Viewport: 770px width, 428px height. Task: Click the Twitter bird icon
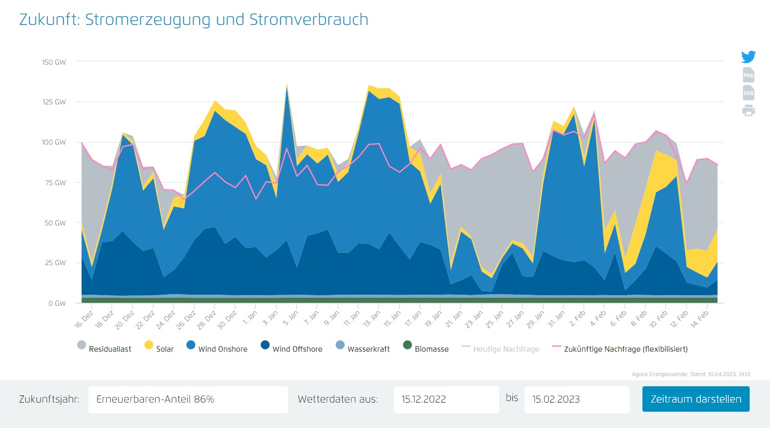pyautogui.click(x=748, y=56)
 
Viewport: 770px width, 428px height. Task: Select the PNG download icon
pyautogui.click(x=748, y=75)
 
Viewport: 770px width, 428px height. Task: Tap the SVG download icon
pyautogui.click(x=748, y=93)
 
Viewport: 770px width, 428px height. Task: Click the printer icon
pyautogui.click(x=748, y=110)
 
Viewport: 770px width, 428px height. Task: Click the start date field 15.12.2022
pyautogui.click(x=446, y=400)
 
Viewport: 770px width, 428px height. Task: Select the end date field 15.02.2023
pyautogui.click(x=576, y=400)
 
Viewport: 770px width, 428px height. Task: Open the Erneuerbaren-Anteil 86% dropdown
pyautogui.click(x=188, y=400)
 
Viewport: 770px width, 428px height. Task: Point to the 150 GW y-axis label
pyautogui.click(x=54, y=62)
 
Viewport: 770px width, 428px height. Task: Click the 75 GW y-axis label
pyautogui.click(x=55, y=183)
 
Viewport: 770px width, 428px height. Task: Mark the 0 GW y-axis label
pyautogui.click(x=57, y=303)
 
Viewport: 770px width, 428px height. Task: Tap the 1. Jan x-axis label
pyautogui.click(x=250, y=318)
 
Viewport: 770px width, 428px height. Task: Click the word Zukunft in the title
pyautogui.click(x=48, y=20)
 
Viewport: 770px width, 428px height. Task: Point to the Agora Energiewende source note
pyautogui.click(x=690, y=374)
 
